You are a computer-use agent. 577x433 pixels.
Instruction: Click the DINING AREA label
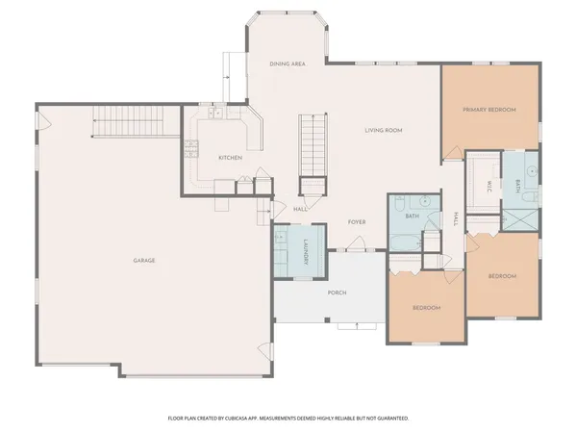click(x=288, y=64)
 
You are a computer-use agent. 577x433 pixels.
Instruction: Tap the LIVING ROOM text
click(x=383, y=130)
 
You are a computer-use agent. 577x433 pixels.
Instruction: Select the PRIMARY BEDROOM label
click(x=489, y=111)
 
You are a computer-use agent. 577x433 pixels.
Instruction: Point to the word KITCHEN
click(x=229, y=158)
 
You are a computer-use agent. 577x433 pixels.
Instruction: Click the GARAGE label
click(x=144, y=261)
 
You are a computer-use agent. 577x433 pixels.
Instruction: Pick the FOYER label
click(x=357, y=222)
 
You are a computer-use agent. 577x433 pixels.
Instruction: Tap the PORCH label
click(x=337, y=293)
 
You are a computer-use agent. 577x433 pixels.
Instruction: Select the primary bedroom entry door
click(x=450, y=152)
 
